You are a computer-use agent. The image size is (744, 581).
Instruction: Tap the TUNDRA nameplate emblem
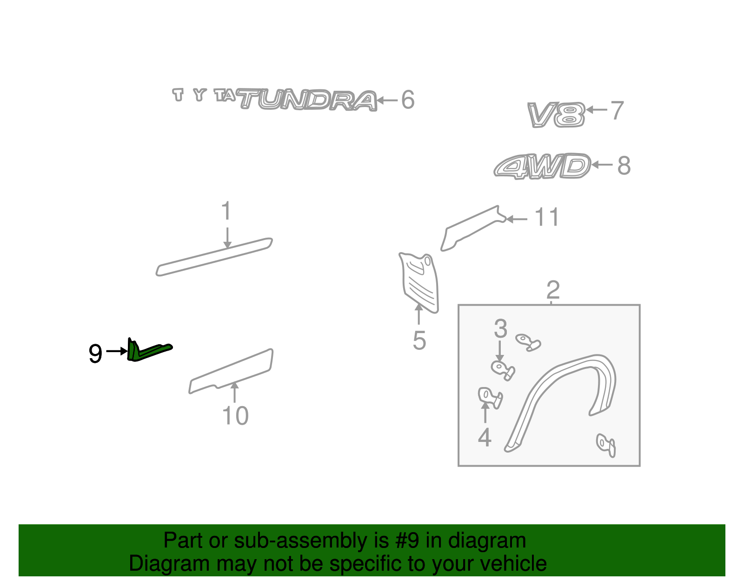tap(307, 100)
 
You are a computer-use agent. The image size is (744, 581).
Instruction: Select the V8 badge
tap(556, 115)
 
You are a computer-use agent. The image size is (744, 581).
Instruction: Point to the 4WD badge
tap(542, 166)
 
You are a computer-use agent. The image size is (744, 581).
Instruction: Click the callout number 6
tap(408, 100)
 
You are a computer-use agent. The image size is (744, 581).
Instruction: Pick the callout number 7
tap(617, 111)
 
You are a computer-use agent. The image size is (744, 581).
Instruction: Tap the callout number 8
tap(624, 166)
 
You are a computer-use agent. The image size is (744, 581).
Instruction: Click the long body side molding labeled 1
tap(214, 257)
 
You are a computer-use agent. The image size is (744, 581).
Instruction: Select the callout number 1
tap(226, 212)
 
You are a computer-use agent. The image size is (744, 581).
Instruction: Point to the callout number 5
tap(419, 341)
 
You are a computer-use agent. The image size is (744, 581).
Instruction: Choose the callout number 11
tap(546, 218)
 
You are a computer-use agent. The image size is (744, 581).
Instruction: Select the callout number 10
tap(235, 416)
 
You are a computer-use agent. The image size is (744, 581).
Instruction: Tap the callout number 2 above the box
tap(553, 290)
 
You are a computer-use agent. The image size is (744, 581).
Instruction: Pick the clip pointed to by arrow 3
tap(502, 370)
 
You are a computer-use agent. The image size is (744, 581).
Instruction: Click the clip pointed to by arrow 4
tap(489, 397)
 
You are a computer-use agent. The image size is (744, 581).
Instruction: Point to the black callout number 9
tap(95, 354)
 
